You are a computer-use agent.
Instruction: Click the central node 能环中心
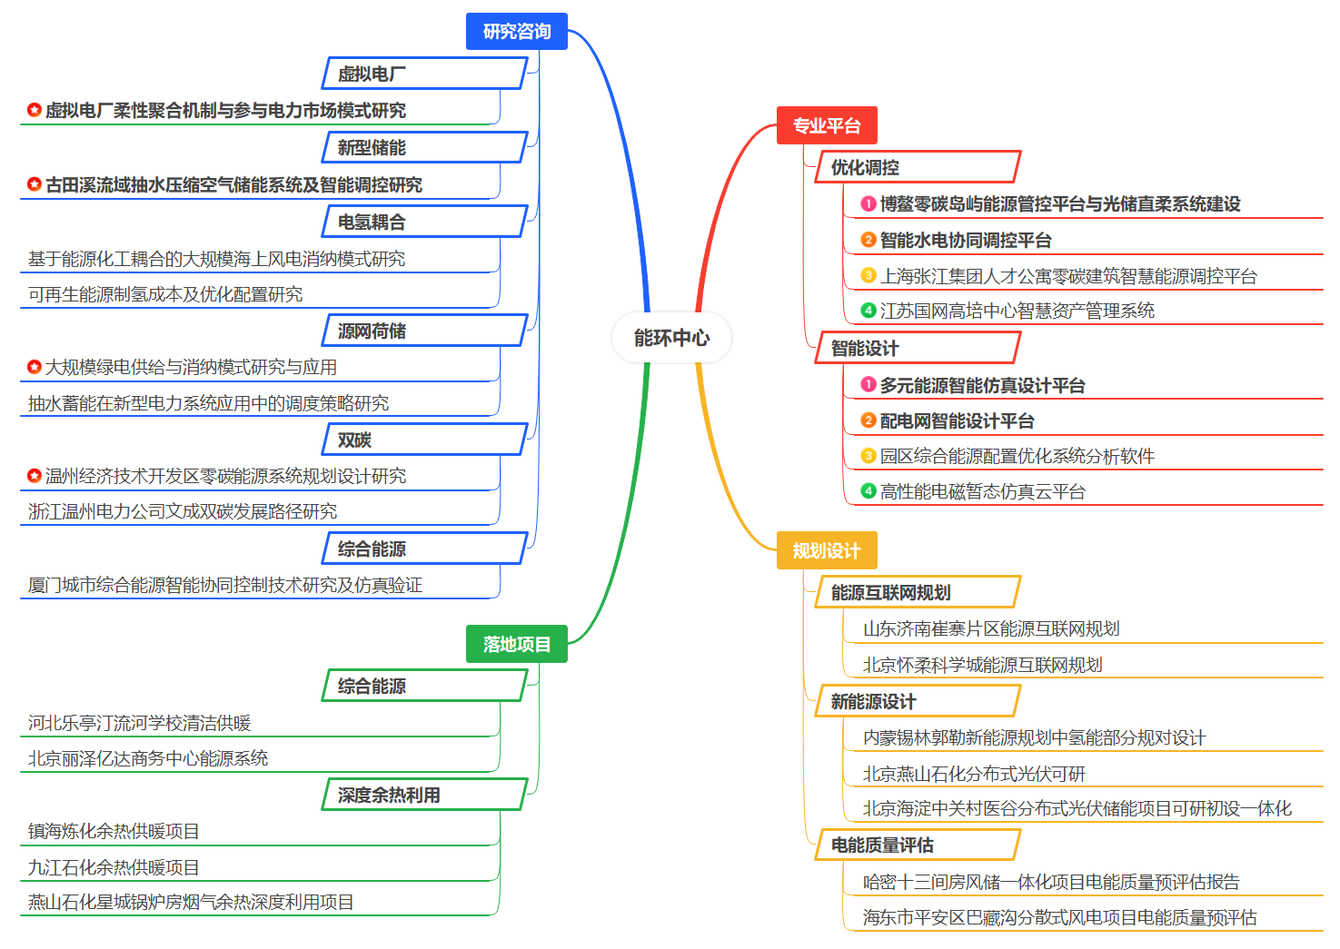(x=671, y=338)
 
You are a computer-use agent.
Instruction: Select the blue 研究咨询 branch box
(x=516, y=32)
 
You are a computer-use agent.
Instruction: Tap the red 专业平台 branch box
(x=826, y=125)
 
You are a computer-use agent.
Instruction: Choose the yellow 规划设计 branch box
(x=826, y=550)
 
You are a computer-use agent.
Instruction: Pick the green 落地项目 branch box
(x=516, y=644)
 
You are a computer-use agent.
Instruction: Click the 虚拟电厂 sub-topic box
(x=425, y=74)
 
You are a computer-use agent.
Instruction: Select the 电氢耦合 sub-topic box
(x=425, y=222)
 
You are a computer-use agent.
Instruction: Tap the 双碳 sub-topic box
(x=425, y=440)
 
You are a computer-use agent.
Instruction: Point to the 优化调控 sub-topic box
(x=917, y=167)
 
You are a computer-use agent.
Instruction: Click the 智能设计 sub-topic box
(x=917, y=348)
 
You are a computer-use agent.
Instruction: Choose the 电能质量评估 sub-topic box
(x=917, y=845)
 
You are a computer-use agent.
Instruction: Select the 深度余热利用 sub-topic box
(x=425, y=795)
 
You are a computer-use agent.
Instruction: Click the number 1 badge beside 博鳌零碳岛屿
(x=869, y=204)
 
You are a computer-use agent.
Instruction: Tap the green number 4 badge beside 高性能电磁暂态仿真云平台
(x=869, y=491)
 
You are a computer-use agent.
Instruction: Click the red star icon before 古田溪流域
(x=35, y=184)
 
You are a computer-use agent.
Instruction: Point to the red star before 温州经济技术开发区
(x=35, y=476)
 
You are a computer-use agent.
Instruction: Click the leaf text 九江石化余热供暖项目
(x=114, y=867)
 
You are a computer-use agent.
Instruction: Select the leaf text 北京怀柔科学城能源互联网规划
(x=982, y=665)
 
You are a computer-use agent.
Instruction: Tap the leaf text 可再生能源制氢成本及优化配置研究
(x=165, y=294)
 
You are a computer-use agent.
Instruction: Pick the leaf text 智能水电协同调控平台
(x=965, y=240)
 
